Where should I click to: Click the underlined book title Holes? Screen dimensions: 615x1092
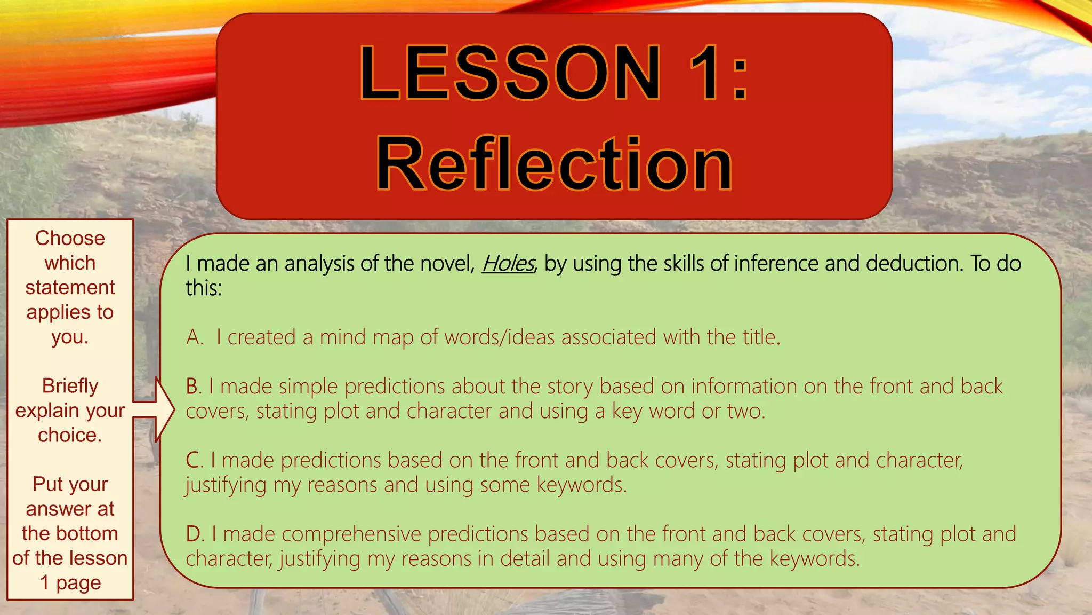(508, 263)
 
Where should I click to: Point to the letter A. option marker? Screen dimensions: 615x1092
(195, 337)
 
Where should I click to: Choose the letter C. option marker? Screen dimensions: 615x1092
(195, 460)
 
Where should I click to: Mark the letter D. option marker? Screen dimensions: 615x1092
(195, 534)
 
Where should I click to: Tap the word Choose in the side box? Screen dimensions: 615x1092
(70, 238)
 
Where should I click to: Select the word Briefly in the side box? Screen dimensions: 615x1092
(70, 385)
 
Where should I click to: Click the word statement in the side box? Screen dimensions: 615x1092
(70, 287)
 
